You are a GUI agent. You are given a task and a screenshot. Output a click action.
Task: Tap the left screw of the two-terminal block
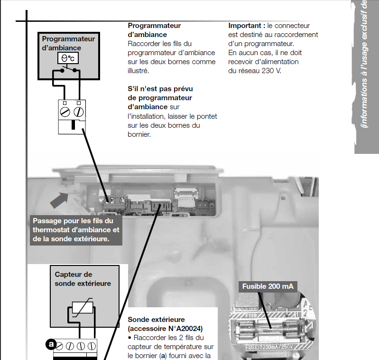click(65, 113)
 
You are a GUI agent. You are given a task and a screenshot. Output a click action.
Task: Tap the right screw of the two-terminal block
click(79, 113)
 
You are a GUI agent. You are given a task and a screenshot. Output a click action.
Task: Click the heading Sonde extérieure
click(156, 320)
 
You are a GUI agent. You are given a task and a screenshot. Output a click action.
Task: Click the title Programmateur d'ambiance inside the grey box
click(68, 43)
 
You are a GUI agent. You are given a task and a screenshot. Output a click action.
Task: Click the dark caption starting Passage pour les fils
click(76, 230)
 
